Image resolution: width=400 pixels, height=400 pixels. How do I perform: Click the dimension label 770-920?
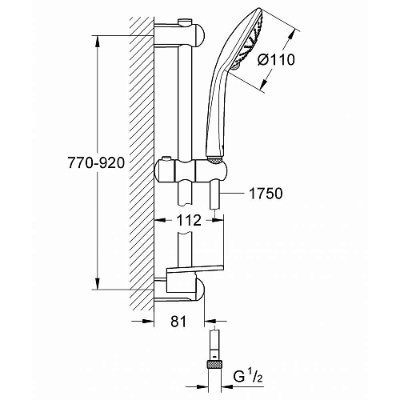pos(96,162)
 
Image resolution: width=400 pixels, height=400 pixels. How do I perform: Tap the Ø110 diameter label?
pos(276,59)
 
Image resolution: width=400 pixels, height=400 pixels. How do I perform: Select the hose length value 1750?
pos(266,194)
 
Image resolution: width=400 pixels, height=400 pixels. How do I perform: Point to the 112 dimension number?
pos(189,220)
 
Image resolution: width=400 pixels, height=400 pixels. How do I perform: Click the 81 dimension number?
pos(178,322)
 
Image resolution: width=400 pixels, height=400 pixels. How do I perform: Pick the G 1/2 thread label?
pos(248,377)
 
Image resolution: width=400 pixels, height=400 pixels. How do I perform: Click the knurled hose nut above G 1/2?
pos(214,364)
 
